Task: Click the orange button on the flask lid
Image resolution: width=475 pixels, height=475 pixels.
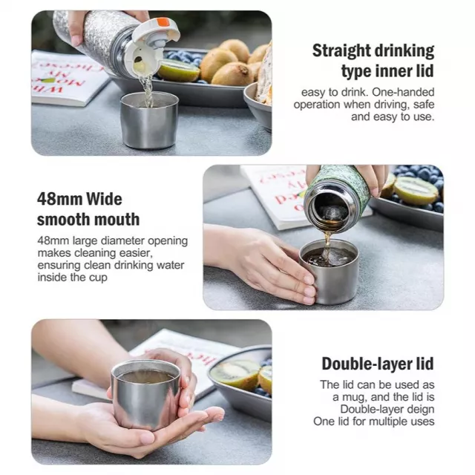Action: (163, 22)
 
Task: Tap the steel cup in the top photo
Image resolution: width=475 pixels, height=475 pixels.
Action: (149, 120)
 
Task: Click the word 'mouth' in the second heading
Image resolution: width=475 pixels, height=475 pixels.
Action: (119, 220)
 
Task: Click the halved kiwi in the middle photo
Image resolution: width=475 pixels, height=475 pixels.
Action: (415, 191)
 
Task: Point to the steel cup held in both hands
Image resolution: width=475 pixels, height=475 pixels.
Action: (145, 394)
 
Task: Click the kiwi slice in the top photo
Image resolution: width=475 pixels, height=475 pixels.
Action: (179, 71)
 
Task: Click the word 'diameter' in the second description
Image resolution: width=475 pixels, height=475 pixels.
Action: (123, 241)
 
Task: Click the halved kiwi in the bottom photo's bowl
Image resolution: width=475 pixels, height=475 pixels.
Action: (235, 374)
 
